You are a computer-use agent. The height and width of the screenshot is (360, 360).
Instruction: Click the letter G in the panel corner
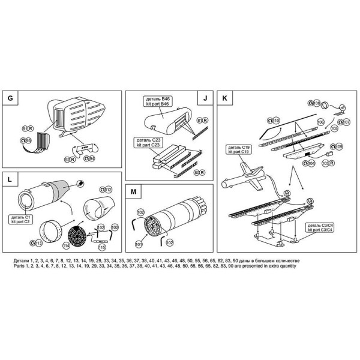pyautogui.click(x=10, y=98)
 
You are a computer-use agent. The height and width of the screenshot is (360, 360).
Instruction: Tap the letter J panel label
pyautogui.click(x=205, y=98)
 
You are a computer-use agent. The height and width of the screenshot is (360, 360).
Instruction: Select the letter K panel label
pyautogui.click(x=224, y=98)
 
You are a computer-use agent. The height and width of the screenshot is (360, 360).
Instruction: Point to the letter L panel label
pyautogui.click(x=10, y=179)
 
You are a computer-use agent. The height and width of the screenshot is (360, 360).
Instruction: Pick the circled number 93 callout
pyautogui.click(x=28, y=140)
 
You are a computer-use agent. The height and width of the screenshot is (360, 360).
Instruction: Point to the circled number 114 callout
pyautogui.click(x=66, y=245)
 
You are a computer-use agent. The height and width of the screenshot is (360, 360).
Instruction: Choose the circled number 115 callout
pyautogui.click(x=102, y=246)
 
